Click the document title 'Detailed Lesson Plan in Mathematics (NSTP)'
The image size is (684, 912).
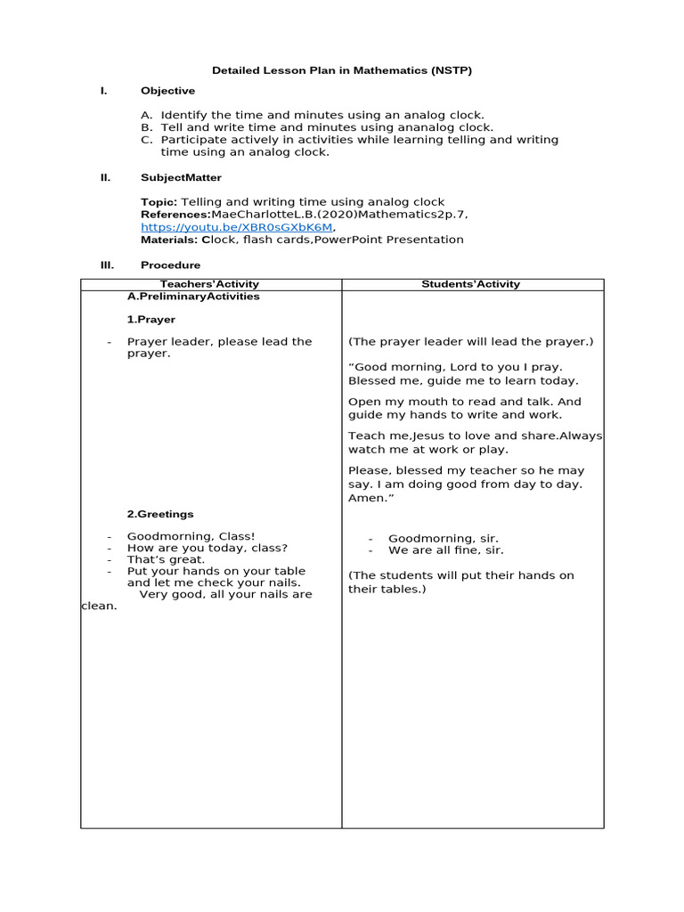click(x=341, y=70)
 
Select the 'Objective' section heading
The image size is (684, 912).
click(x=167, y=91)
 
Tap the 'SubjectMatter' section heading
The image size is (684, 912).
click(x=181, y=177)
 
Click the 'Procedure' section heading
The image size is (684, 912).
click(x=170, y=265)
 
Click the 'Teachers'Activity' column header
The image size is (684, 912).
click(x=209, y=284)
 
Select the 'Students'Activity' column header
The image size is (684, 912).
click(x=472, y=284)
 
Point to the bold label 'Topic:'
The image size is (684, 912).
click(x=159, y=202)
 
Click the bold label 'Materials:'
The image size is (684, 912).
click(x=169, y=240)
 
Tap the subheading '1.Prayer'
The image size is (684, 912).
click(x=151, y=319)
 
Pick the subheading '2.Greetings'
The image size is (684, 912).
click(x=159, y=514)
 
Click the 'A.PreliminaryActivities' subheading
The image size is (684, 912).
click(x=193, y=297)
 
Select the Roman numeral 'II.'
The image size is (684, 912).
click(x=105, y=177)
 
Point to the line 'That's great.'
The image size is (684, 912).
click(x=166, y=559)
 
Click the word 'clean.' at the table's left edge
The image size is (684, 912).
click(x=99, y=607)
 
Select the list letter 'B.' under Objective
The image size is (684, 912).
click(x=147, y=127)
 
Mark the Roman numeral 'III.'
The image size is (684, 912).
click(x=106, y=265)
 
